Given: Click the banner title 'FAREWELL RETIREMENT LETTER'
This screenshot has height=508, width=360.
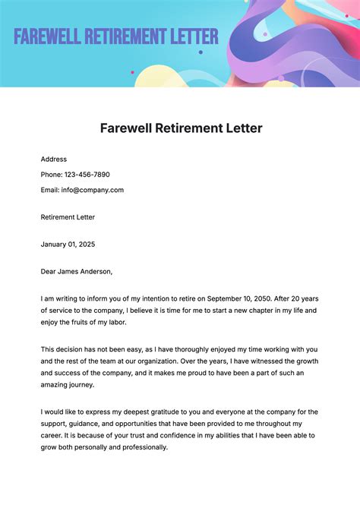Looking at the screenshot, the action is pyautogui.click(x=115, y=36).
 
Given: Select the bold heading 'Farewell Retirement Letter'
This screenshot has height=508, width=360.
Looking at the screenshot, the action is pyautogui.click(x=181, y=128).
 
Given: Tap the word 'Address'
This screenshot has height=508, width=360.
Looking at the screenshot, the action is pyautogui.click(x=54, y=159).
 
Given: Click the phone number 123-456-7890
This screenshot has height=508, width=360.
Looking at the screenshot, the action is pyautogui.click(x=92, y=175).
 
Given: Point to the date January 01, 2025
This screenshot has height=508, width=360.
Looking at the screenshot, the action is pyautogui.click(x=68, y=245).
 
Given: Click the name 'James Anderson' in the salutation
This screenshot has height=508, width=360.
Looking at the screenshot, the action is pyautogui.click(x=85, y=271).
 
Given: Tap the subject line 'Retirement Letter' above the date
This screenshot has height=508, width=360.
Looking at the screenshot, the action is pyautogui.click(x=68, y=216).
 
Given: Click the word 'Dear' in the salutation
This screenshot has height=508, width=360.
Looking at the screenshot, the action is pyautogui.click(x=49, y=271).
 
